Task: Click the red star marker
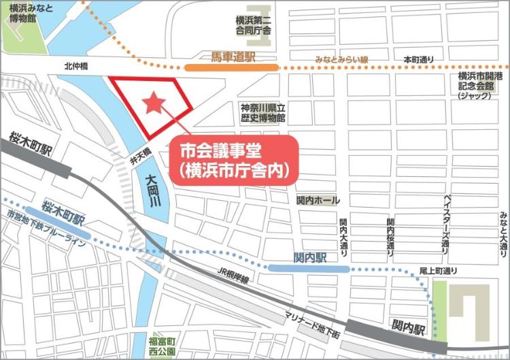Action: (x=154, y=102)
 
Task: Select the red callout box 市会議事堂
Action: (x=234, y=159)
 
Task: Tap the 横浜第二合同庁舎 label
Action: (x=254, y=26)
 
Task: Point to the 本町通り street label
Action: (x=418, y=61)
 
